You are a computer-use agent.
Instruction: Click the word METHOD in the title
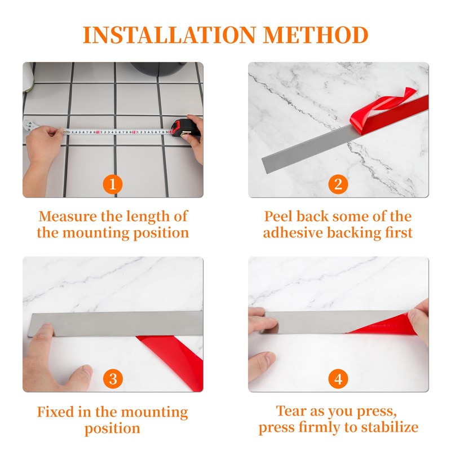[x=316, y=35]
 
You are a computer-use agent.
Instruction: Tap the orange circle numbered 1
[x=113, y=184]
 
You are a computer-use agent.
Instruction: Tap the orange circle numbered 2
[x=338, y=184]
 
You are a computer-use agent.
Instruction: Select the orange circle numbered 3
[x=113, y=379]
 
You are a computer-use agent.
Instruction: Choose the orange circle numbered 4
[x=338, y=379]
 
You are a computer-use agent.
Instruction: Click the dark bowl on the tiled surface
[x=158, y=68]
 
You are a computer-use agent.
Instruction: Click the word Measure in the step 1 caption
[x=68, y=216]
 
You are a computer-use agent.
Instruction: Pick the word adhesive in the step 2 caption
[x=293, y=232]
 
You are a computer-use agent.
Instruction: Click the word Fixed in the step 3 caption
[x=55, y=412]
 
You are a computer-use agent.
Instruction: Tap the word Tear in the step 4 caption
[x=291, y=411]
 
